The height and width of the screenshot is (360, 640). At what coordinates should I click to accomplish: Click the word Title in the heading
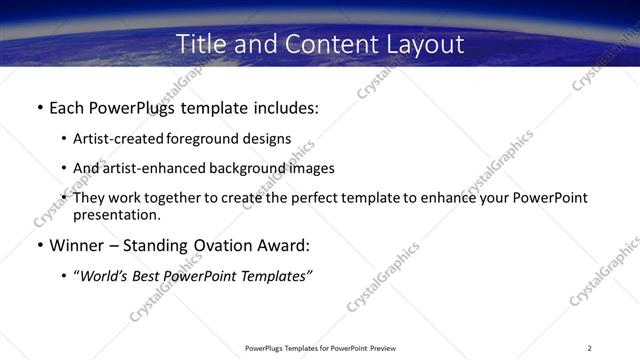coord(199,44)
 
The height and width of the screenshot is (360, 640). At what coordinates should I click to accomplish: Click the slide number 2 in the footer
coord(590,347)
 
